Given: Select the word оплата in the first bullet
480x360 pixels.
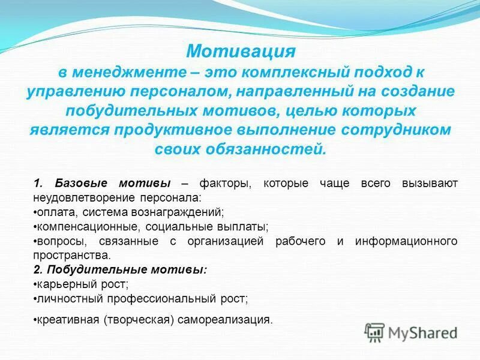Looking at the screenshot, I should (51, 212).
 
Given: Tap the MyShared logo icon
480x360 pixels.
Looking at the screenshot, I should (375, 332).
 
